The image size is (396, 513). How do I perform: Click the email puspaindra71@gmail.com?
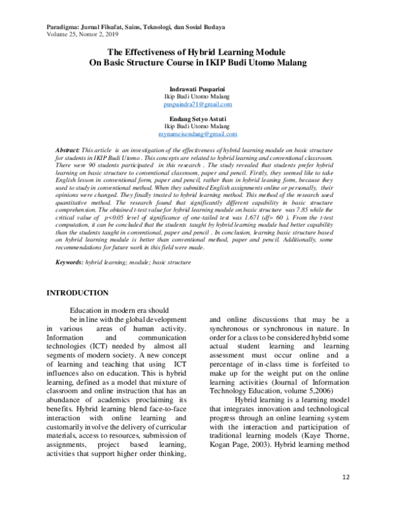point(198,104)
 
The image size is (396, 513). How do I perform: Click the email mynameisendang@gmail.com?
point(198,134)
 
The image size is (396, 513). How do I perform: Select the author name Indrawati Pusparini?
point(198,89)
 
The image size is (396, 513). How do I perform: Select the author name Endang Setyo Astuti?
point(198,118)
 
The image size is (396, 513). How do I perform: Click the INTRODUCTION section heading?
point(76,292)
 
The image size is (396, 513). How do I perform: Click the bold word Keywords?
point(70,263)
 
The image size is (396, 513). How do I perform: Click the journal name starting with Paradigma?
point(135,27)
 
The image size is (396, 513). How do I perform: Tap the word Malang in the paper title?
point(290,63)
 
